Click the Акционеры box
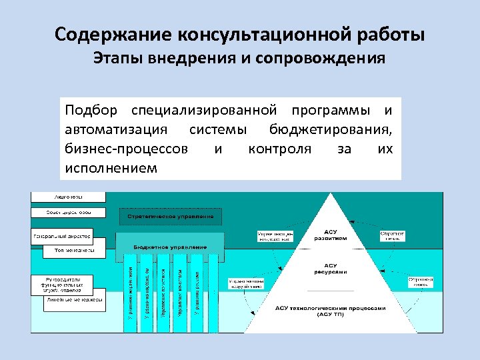[x=68, y=197]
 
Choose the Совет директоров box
[x=68, y=213]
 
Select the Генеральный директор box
[x=61, y=237]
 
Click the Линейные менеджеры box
[x=73, y=300]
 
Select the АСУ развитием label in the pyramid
[x=331, y=233]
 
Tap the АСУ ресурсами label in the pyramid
[x=331, y=269]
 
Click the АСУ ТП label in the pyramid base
[x=331, y=311]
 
